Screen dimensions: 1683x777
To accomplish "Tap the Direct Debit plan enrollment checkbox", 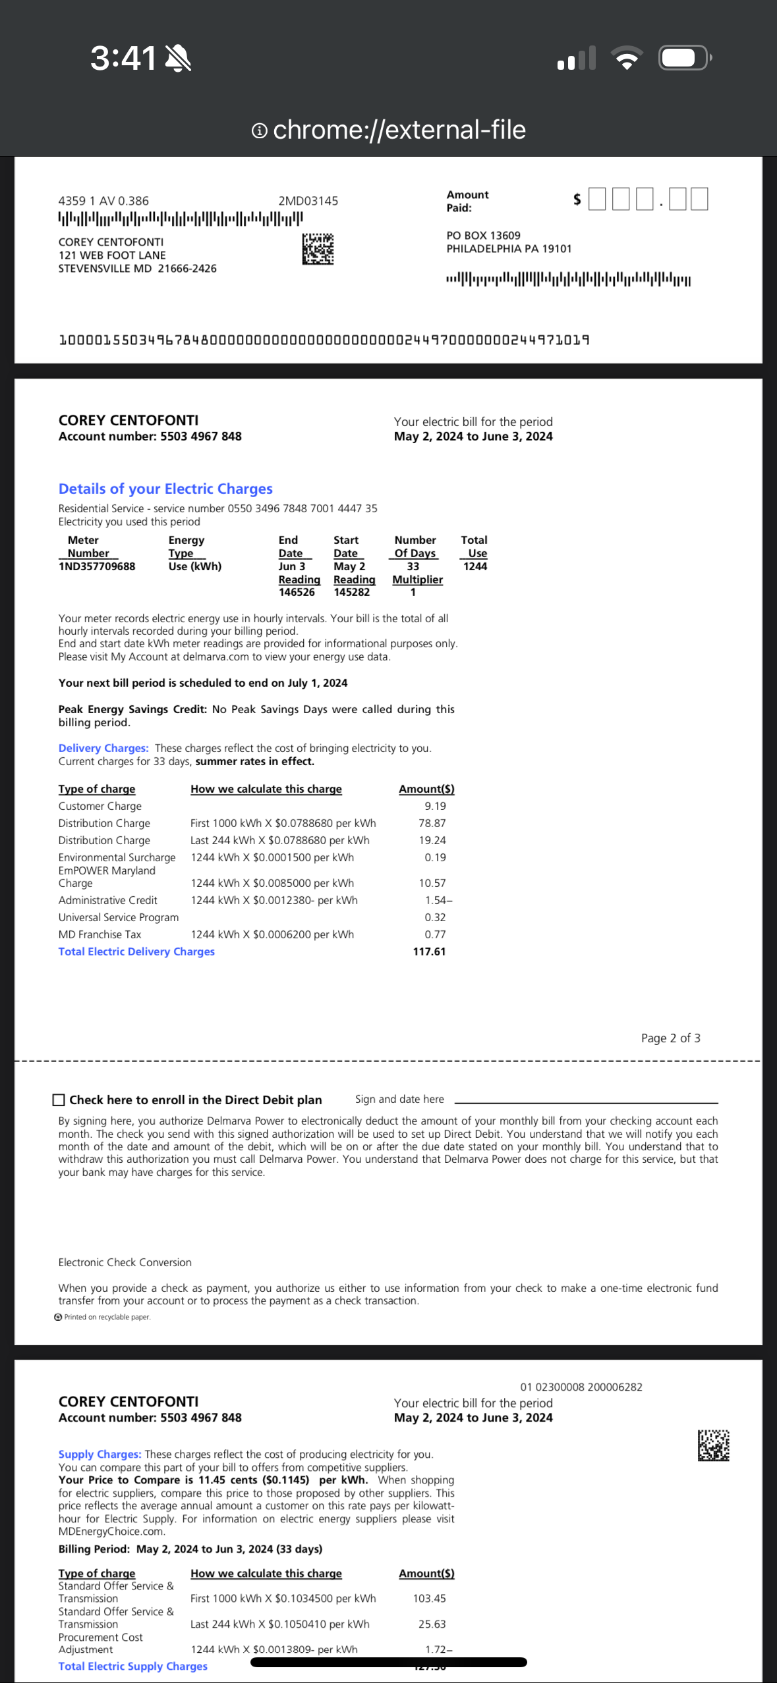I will click(x=59, y=1100).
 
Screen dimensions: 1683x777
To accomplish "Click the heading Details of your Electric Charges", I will click(x=165, y=489).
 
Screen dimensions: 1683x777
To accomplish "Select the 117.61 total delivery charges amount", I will click(x=429, y=951).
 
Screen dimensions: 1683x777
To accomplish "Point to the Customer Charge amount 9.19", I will click(x=435, y=806).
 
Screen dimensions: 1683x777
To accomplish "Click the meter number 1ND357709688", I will click(x=97, y=566).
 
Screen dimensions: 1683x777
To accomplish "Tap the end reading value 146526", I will click(x=297, y=592).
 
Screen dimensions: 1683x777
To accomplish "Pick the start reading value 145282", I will click(x=351, y=592).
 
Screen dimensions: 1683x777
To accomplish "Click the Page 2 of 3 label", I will click(x=670, y=1038).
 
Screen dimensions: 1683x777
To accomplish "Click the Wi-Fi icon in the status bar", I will click(x=627, y=58).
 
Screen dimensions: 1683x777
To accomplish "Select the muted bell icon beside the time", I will click(x=178, y=59).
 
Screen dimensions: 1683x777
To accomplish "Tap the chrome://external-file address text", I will click(x=399, y=130).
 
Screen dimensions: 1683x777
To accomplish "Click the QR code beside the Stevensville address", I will click(x=318, y=249).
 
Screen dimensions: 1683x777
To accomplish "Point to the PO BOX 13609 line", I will click(x=483, y=235).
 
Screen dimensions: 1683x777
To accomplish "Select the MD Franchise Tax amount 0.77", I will click(x=435, y=934).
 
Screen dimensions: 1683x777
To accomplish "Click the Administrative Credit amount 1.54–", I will click(x=438, y=900).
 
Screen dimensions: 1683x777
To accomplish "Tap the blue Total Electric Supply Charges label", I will click(x=132, y=1666).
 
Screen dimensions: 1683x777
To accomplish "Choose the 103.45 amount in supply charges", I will click(x=430, y=1598).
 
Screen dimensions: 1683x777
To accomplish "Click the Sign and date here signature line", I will click(x=585, y=1101).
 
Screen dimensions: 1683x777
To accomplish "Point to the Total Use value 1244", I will click(x=475, y=566).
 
